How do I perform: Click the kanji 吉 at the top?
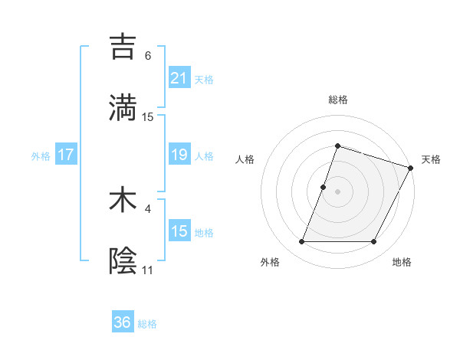tap(123, 47)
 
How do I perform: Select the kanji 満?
tap(123, 107)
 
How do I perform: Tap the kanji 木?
tap(123, 200)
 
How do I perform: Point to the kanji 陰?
tap(123, 261)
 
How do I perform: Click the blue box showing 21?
tap(179, 77)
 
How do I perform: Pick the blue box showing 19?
tap(179, 155)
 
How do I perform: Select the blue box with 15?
tap(179, 231)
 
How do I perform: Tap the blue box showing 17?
tap(66, 155)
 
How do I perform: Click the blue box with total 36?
tap(123, 322)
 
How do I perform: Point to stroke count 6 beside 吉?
tap(148, 55)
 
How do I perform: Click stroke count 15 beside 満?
tap(148, 116)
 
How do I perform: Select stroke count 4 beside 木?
tap(148, 208)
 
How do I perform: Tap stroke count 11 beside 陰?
tap(147, 270)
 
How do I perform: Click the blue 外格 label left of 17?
tap(41, 155)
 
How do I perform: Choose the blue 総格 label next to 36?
tap(147, 323)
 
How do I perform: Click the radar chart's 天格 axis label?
tap(431, 159)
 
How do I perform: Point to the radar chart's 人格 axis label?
tap(245, 159)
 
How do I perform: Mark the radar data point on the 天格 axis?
tap(410, 167)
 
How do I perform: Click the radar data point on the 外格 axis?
tap(301, 242)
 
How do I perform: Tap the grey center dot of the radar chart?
tap(337, 191)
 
